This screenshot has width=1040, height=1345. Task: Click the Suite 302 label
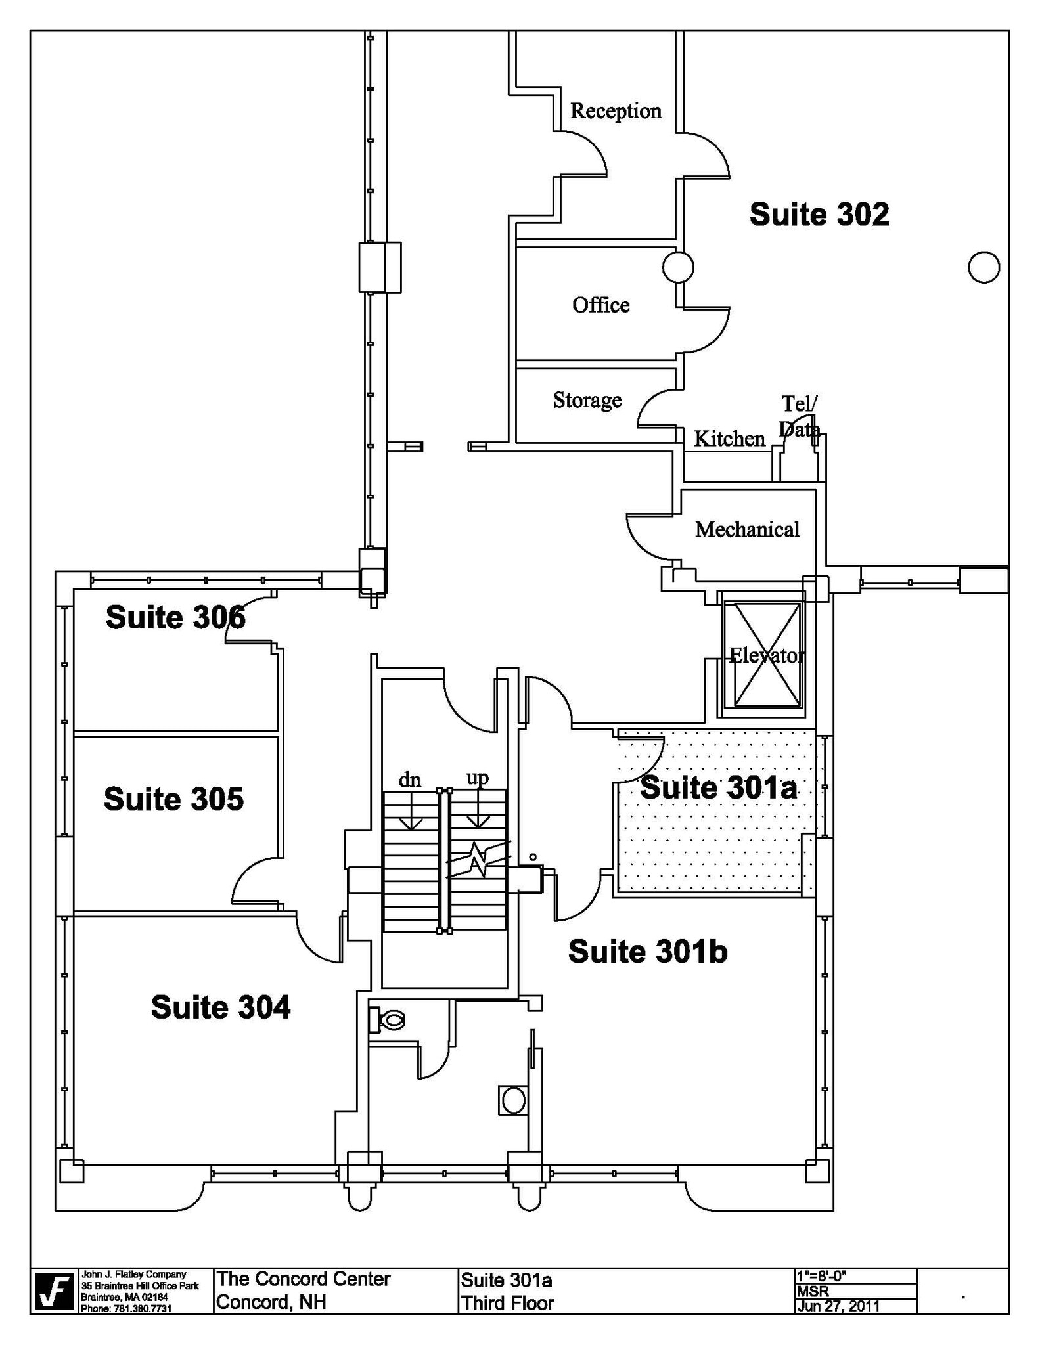point(819,214)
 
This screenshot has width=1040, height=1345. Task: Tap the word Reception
point(615,110)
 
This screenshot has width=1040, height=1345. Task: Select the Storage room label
point(587,399)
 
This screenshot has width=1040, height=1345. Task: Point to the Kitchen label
point(729,438)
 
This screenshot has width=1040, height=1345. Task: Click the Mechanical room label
point(747,529)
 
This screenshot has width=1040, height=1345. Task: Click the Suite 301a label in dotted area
point(718,787)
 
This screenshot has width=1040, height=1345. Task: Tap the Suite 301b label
point(647,951)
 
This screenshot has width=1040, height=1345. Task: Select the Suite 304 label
point(220,1007)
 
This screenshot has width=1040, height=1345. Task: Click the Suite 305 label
point(173,799)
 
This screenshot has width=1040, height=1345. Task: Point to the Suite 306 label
point(175,617)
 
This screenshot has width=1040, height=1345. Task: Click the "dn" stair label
point(410,780)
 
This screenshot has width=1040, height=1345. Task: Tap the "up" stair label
point(478,777)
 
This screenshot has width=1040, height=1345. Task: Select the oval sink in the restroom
point(514,1100)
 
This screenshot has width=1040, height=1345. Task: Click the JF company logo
point(55,1291)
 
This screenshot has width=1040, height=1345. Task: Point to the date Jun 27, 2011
point(838,1305)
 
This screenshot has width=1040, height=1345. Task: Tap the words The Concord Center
point(304,1279)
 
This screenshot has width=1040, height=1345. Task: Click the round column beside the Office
point(677,267)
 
